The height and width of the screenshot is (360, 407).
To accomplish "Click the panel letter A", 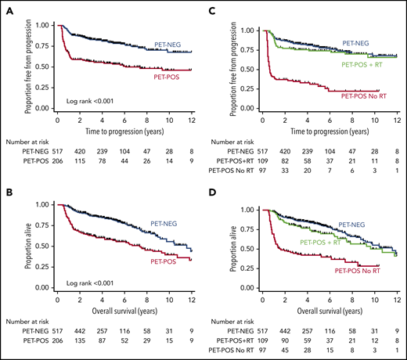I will point(7,7).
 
